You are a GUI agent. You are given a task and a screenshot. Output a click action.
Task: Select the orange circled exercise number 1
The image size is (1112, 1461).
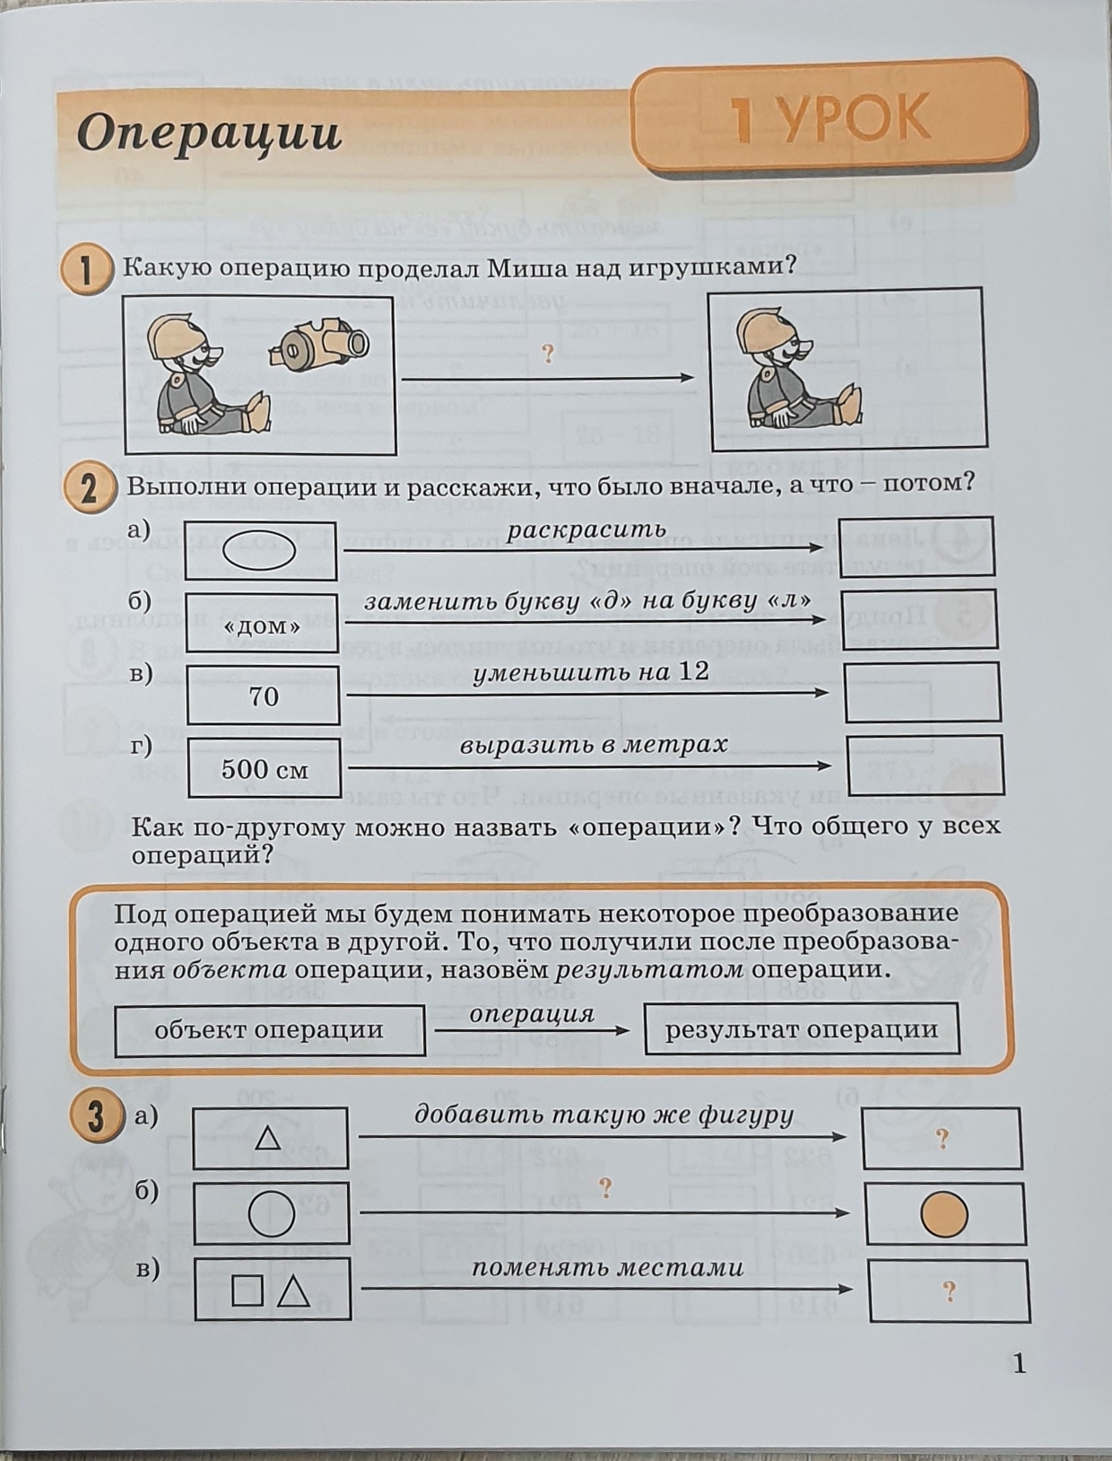(x=84, y=270)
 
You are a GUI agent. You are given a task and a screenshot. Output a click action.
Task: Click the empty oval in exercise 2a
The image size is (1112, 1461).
(x=258, y=550)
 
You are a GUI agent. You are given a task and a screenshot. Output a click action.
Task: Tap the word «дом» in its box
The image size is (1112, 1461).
(x=262, y=626)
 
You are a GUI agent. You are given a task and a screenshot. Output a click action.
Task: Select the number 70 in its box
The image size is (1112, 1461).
(x=264, y=697)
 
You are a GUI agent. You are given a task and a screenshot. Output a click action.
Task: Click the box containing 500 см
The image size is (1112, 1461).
(x=264, y=768)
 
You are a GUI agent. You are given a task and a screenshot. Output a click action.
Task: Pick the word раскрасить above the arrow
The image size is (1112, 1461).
(x=586, y=529)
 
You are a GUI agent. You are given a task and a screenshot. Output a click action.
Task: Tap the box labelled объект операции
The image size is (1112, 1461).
(x=269, y=1030)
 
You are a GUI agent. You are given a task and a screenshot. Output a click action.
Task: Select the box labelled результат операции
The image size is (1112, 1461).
(x=802, y=1029)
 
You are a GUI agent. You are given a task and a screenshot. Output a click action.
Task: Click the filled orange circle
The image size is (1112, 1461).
(x=943, y=1215)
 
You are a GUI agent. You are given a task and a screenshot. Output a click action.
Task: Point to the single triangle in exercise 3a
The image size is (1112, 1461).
(x=268, y=1138)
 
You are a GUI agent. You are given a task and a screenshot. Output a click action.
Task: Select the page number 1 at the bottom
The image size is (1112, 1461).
(x=1020, y=1365)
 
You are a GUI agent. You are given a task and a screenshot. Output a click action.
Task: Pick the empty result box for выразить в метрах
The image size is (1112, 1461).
(x=925, y=765)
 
